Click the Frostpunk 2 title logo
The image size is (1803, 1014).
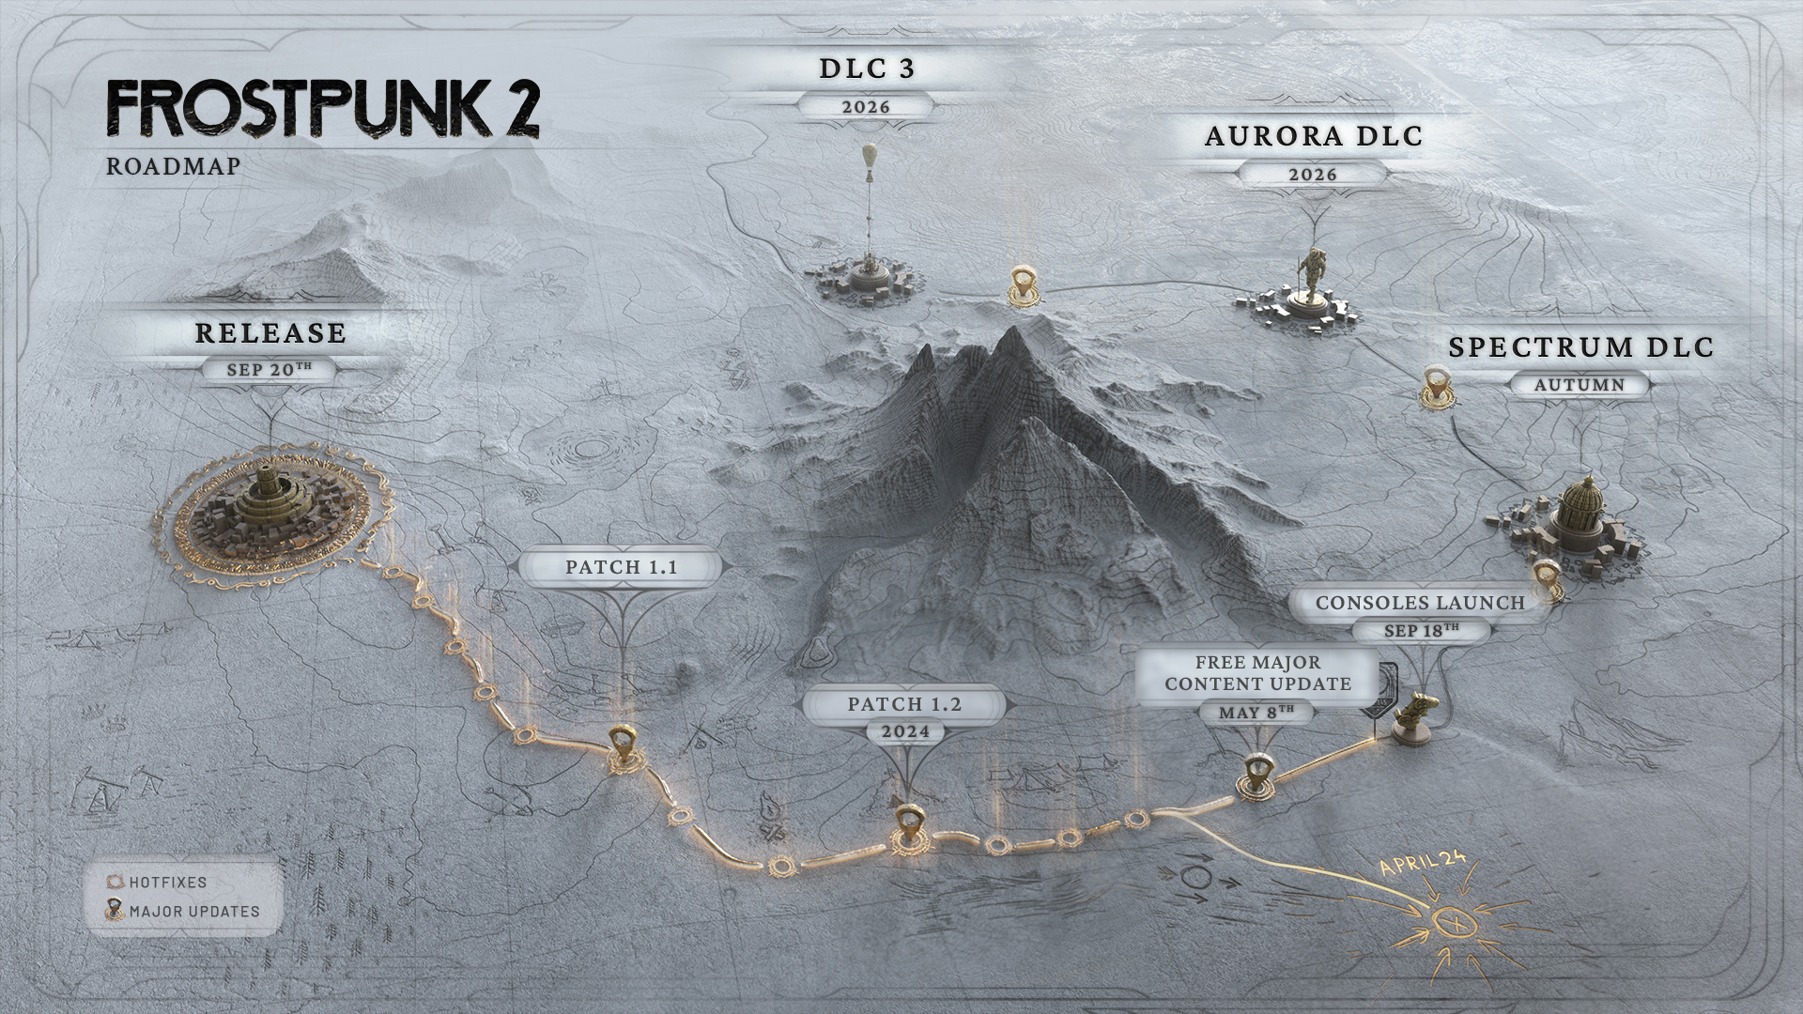(323, 109)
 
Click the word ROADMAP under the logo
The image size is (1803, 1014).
(174, 166)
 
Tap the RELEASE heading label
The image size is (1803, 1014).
(270, 333)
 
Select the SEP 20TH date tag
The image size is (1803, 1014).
(270, 369)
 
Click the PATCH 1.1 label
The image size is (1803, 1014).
(622, 567)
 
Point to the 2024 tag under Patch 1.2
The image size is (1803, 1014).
(906, 731)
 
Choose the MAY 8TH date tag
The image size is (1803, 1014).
(1256, 712)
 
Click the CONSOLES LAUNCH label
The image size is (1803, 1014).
(1420, 603)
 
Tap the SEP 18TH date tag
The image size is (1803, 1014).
(1422, 631)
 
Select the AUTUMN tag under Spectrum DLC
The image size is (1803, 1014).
(1580, 385)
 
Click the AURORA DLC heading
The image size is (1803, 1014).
(1314, 136)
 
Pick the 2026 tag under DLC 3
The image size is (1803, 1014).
(866, 107)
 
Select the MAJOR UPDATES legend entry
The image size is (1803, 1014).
(183, 911)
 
